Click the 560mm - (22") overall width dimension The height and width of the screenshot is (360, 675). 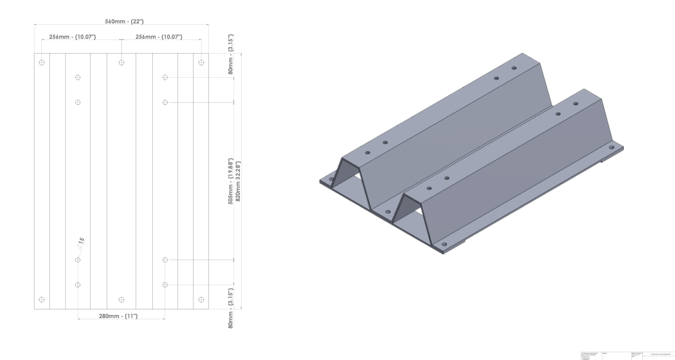[121, 22]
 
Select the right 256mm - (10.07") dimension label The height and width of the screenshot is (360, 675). [159, 37]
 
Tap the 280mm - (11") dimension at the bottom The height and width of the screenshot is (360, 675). [118, 316]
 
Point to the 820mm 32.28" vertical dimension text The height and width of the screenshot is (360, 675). [238, 180]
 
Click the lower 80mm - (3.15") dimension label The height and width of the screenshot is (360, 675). [231, 308]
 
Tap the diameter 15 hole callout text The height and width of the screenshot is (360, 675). [81, 242]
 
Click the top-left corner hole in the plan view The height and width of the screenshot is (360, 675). [41, 62]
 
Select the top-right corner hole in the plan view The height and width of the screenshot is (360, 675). [201, 62]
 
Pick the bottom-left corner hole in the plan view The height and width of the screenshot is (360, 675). [41, 300]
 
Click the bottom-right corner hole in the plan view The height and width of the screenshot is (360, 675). [201, 300]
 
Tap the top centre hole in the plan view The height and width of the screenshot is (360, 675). [121, 62]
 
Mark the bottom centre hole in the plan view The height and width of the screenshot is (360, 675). [121, 300]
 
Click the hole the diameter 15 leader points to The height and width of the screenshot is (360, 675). [78, 260]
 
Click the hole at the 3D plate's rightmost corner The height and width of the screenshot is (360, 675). [612, 147]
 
